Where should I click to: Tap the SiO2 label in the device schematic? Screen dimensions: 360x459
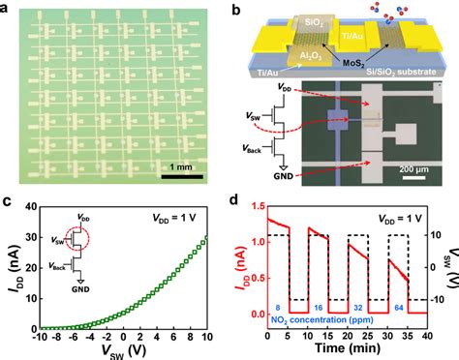click(x=305, y=21)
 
